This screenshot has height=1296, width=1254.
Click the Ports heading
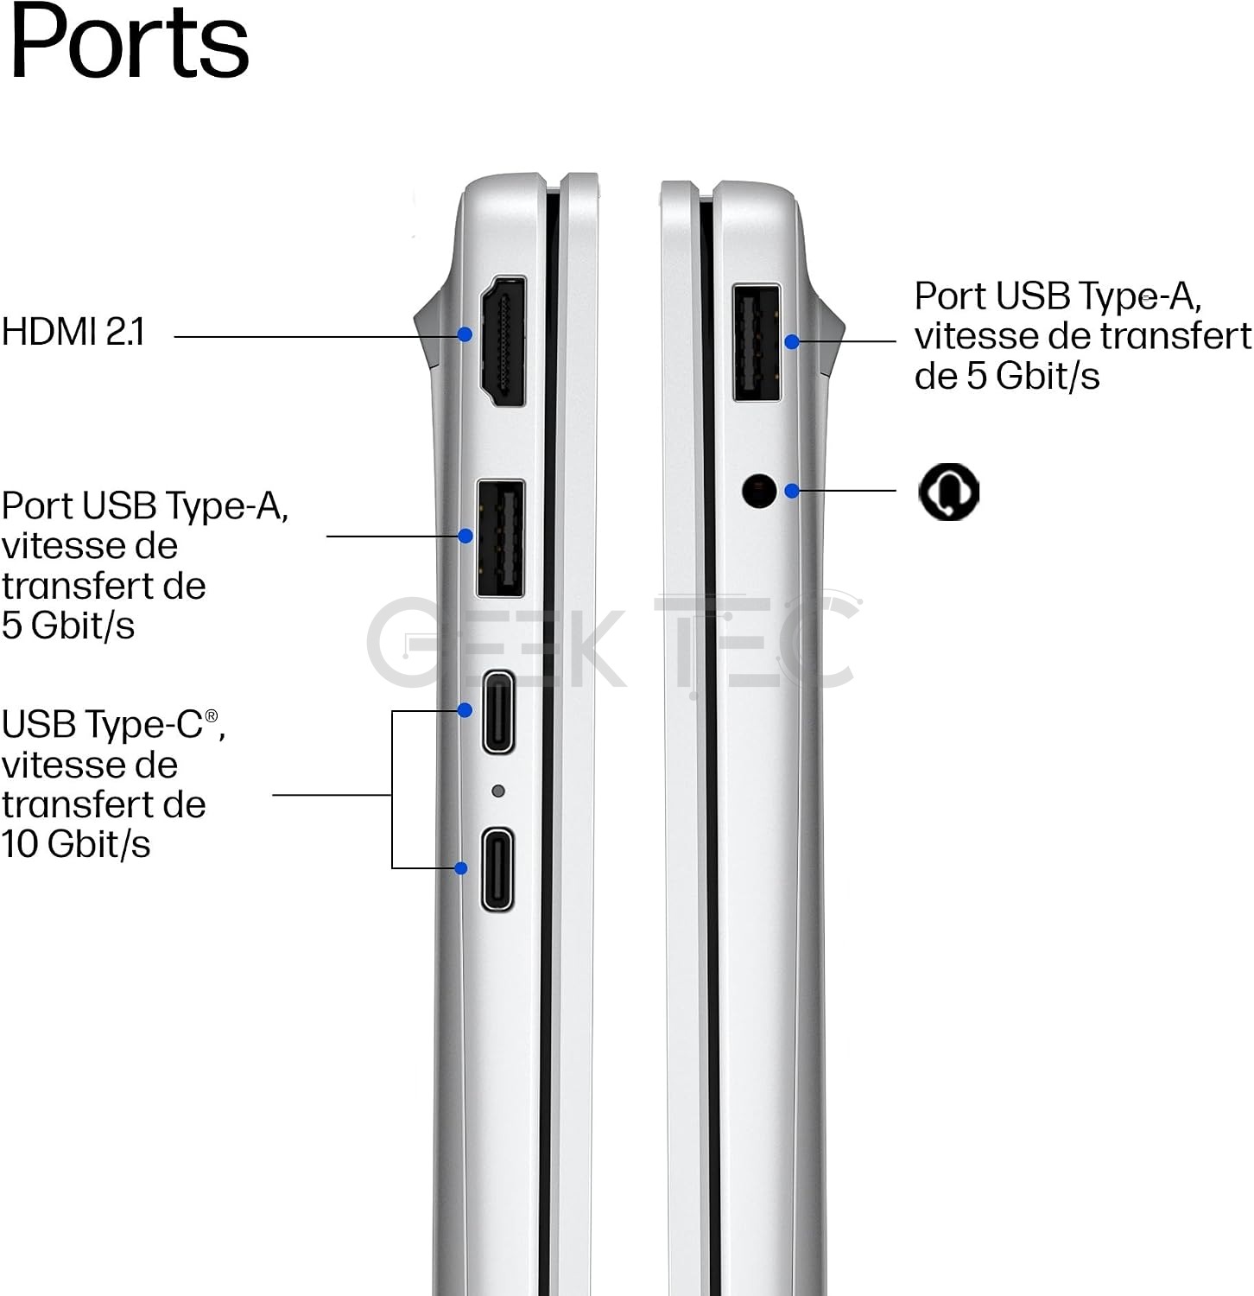[130, 41]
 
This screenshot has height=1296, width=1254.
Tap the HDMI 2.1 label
[73, 332]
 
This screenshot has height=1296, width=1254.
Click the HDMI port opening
[503, 340]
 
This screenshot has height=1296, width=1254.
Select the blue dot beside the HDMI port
[465, 334]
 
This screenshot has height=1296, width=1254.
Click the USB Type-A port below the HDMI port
[501, 537]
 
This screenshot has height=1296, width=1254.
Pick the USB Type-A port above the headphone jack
[757, 342]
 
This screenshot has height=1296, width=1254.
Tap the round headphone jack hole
[759, 491]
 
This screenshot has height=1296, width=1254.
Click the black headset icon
[948, 491]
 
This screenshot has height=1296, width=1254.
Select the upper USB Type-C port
[498, 712]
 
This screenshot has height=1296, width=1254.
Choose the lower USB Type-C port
[497, 869]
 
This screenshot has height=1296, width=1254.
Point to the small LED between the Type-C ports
[497, 791]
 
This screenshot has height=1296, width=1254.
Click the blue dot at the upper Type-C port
[465, 710]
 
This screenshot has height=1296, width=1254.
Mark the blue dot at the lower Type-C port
[461, 867]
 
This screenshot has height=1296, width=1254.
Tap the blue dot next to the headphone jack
[792, 491]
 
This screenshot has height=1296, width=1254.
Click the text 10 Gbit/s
[76, 844]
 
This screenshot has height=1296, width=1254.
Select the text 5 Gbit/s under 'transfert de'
[68, 626]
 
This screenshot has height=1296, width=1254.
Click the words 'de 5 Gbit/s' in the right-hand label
[1007, 376]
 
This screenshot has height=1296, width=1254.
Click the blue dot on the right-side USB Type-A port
[792, 342]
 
